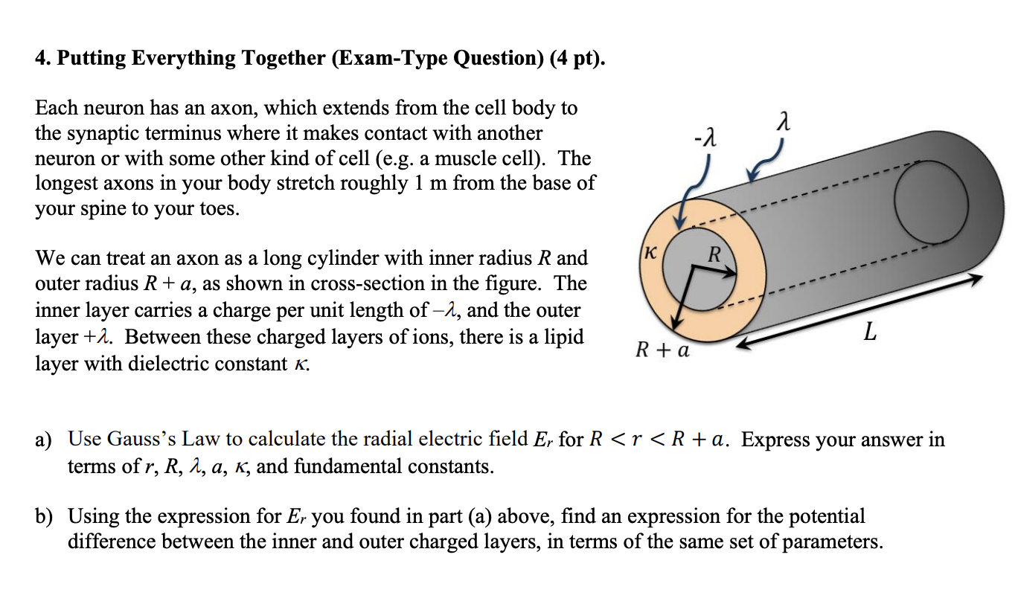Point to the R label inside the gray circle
[714, 254]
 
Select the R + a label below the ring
[662, 349]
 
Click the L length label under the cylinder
[870, 334]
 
